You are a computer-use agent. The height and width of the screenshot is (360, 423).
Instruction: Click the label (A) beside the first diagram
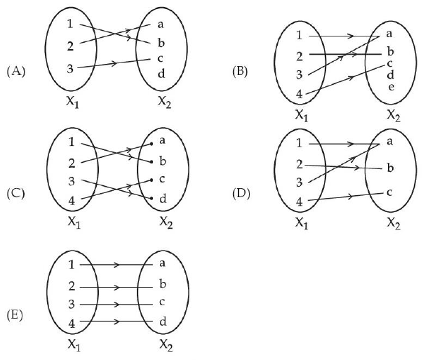click(15, 71)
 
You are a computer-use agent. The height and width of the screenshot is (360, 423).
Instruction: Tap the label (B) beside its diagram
click(242, 72)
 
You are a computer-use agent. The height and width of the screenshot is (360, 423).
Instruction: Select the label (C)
click(15, 192)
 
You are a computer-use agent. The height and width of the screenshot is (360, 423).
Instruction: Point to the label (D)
click(242, 192)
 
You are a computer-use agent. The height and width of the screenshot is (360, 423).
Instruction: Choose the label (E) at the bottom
click(15, 314)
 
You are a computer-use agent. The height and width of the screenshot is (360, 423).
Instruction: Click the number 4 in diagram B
click(299, 93)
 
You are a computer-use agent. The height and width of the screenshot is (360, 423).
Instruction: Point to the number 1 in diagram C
click(71, 142)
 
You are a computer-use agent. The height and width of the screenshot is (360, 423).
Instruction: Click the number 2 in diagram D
click(299, 164)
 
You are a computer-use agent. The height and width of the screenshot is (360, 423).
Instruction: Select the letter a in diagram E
click(162, 265)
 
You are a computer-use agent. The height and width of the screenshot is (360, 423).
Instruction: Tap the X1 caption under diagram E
click(75, 345)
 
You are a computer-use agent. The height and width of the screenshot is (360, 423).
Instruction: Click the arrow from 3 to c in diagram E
click(116, 305)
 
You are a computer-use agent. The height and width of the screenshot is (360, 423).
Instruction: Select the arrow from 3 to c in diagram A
click(116, 65)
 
